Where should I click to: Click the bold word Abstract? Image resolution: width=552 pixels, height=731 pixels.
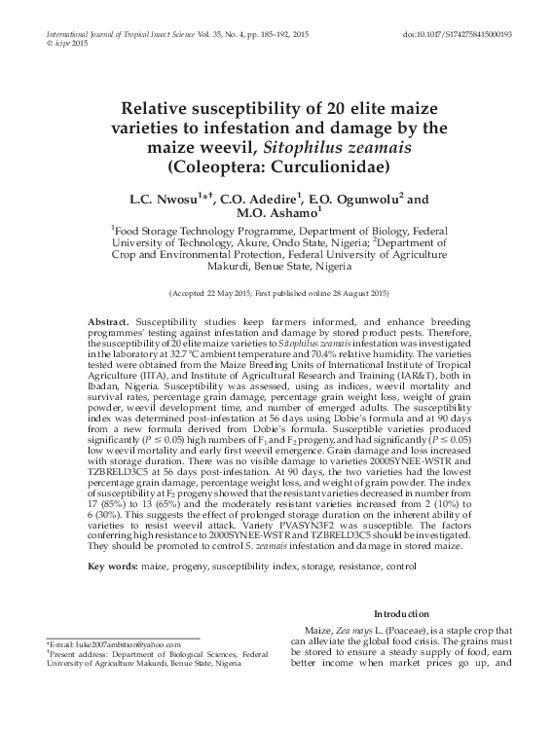(x=107, y=321)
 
